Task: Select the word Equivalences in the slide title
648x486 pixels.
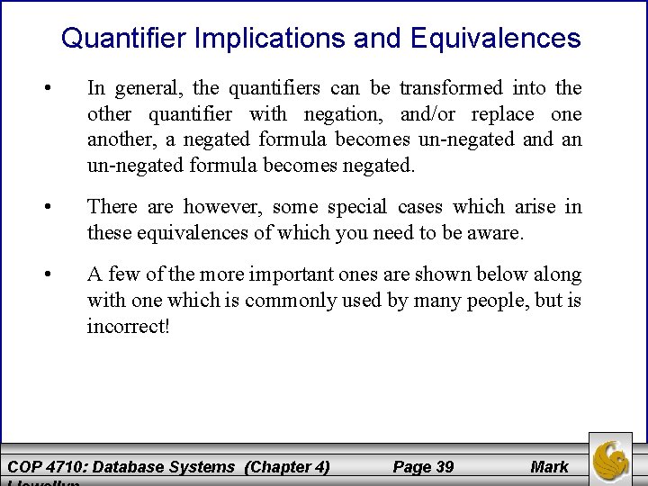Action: [x=494, y=39]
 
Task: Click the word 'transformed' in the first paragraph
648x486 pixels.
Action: [x=452, y=88]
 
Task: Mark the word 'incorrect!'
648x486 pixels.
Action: [x=128, y=325]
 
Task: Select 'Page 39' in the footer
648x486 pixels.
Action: [x=423, y=466]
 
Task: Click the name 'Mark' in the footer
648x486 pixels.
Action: [x=549, y=466]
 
